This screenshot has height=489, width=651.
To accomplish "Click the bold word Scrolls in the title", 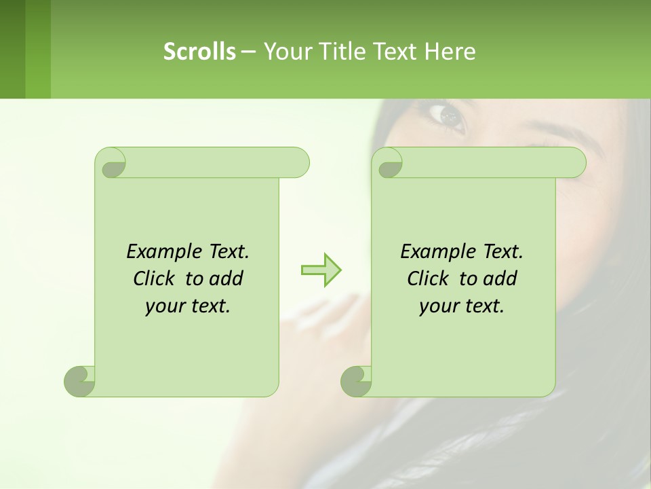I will point(199,52).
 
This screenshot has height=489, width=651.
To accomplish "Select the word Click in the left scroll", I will point(155,278).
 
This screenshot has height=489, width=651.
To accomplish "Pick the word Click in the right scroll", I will point(429,278).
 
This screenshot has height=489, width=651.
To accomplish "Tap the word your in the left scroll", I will point(164,306).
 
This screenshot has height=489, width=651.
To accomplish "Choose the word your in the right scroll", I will point(438,306).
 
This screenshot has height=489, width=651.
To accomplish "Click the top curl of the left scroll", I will point(112,163).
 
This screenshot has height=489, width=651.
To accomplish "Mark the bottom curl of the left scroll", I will point(80,381).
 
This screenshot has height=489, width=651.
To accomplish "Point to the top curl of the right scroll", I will point(389,163).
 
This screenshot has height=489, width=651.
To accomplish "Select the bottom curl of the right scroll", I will point(356,381).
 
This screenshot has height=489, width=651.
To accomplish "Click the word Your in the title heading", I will point(284,52).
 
